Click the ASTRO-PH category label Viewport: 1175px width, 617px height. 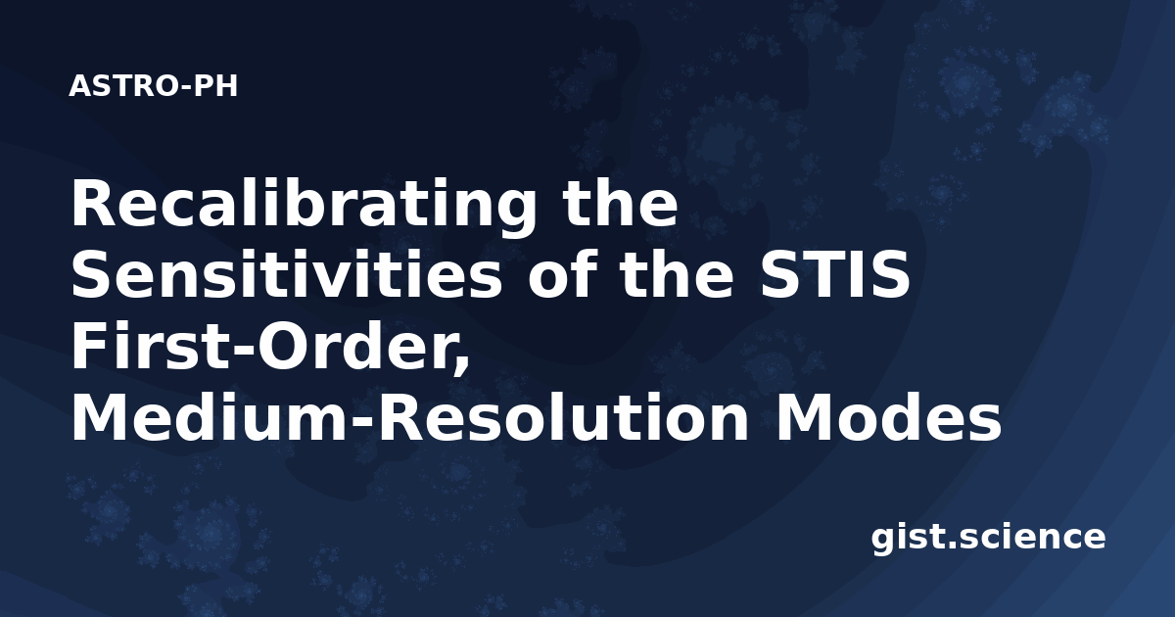[153, 86]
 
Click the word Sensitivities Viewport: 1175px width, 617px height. [286, 274]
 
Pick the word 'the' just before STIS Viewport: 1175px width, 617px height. [677, 274]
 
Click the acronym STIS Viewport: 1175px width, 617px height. [834, 274]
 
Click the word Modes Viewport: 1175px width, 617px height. [889, 417]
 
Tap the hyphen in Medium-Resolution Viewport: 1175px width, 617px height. [362, 423]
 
